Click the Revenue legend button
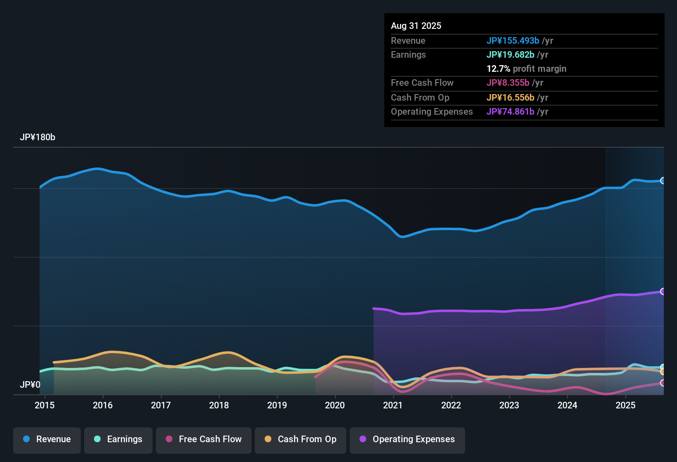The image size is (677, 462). point(47,439)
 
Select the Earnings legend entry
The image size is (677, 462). point(118,439)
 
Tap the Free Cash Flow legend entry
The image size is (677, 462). point(204,439)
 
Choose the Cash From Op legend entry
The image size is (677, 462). point(301,439)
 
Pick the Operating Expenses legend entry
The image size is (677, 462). point(407,439)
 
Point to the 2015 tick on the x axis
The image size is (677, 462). point(45,405)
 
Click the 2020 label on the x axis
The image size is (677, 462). point(335,405)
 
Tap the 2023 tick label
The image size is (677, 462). point(509,405)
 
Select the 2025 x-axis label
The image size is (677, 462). point(625,405)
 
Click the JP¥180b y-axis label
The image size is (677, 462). point(38,137)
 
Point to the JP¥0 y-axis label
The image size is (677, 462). point(30,385)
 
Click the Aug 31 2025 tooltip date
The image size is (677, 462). point(416,26)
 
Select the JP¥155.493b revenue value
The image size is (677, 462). point(513,41)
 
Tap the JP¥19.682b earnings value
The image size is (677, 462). point(510,55)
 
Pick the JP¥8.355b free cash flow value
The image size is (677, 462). point(508,83)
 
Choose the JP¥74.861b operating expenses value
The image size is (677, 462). point(510,112)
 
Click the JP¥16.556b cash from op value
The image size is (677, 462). point(510,98)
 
